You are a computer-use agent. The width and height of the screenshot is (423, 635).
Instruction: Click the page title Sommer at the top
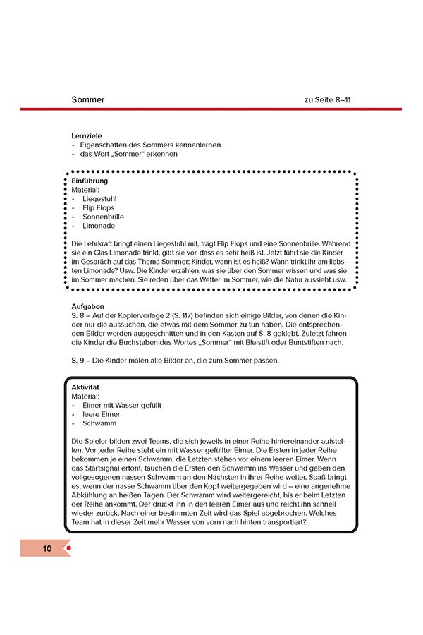88,99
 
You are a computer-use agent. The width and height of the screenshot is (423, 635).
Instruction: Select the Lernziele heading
85,135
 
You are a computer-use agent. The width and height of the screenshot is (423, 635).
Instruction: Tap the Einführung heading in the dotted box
90,181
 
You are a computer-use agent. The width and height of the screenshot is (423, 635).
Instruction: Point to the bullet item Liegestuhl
99,199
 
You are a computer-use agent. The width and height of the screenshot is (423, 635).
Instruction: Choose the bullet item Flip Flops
98,208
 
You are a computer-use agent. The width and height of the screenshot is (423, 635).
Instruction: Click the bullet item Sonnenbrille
103,217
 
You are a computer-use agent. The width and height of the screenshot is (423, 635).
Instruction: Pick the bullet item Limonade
99,226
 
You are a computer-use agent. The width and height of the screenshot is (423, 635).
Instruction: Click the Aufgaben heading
88,307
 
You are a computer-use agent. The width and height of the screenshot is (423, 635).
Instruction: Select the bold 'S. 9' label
78,361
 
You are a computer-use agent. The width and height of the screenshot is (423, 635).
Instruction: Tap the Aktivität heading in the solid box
86,387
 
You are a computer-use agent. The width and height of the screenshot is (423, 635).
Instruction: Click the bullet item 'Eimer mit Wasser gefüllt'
121,406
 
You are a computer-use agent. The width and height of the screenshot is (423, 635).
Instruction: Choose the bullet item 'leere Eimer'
102,415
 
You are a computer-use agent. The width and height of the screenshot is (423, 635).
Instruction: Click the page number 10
47,548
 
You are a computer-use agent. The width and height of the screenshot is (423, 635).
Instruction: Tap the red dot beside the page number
68,548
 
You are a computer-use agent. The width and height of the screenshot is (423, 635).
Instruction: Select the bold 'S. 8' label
78,315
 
